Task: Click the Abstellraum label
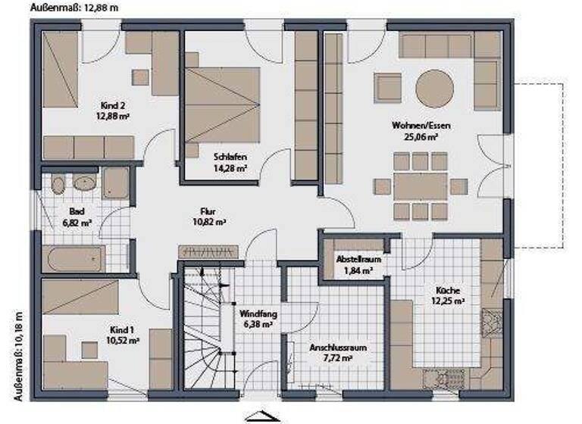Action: pyautogui.click(x=358, y=260)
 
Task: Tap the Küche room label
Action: pyautogui.click(x=447, y=290)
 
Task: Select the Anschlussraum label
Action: pyautogui.click(x=337, y=348)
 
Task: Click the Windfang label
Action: pyautogui.click(x=256, y=313)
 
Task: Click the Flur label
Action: pyautogui.click(x=209, y=212)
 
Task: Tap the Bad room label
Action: pyautogui.click(x=77, y=211)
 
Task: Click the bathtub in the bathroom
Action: pyautogui.click(x=74, y=260)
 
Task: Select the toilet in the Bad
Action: pyautogui.click(x=56, y=185)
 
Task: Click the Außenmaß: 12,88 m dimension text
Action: pyautogui.click(x=74, y=7)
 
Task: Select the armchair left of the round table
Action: pyautogui.click(x=388, y=88)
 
